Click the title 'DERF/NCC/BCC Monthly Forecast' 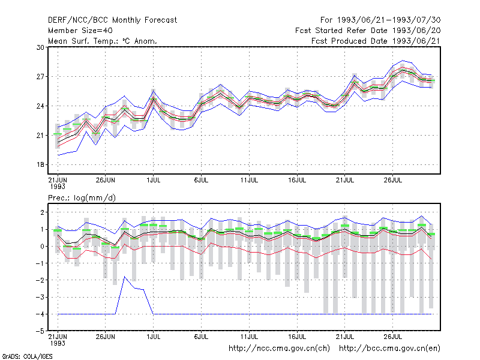tap(112, 20)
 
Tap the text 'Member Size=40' tap(80, 31)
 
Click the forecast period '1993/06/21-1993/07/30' tap(389, 20)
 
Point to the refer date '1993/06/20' tap(416, 31)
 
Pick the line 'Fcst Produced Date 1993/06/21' tap(376, 41)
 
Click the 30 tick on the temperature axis tap(40, 47)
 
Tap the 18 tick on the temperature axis tap(40, 164)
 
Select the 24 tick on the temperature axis tap(40, 106)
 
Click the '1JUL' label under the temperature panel tap(154, 180)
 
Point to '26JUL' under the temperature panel tap(393, 180)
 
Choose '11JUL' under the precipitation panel tap(249, 337)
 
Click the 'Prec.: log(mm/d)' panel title tap(82, 198)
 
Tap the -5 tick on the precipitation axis tap(40, 331)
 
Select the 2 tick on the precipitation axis tap(42, 212)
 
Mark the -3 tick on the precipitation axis tap(40, 297)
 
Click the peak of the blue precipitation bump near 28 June tap(125, 277)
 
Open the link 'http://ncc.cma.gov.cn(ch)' tap(279, 349)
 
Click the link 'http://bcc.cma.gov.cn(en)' tap(389, 349)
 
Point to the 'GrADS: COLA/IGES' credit tap(27, 356)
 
